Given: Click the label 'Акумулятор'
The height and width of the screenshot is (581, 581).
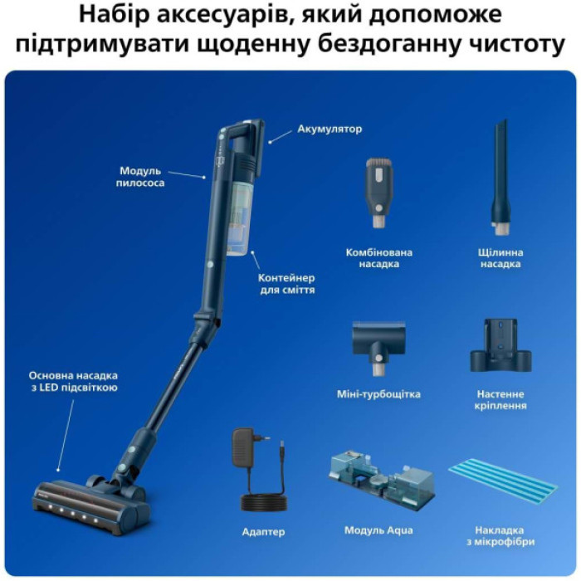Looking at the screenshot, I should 330,129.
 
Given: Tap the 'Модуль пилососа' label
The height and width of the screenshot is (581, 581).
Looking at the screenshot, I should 140,176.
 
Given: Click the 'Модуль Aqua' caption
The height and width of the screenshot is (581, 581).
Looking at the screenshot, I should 378,530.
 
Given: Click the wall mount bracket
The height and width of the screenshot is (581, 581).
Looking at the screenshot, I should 500,345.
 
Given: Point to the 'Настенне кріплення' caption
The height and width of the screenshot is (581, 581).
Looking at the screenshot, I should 500,400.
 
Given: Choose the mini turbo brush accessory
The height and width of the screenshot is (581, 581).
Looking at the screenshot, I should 378,344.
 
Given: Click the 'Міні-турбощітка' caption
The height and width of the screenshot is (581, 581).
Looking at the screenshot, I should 378,394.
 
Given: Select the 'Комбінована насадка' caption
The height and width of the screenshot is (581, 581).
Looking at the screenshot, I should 378,257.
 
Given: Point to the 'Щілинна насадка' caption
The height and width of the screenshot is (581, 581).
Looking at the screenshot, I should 500,257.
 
